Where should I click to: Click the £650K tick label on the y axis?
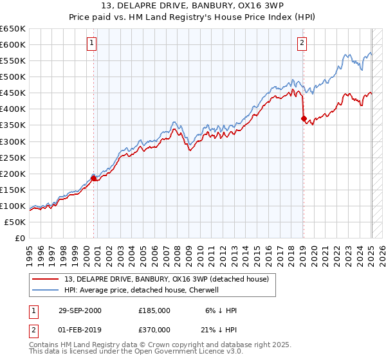point(13,29)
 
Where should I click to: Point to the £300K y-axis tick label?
point(13,141)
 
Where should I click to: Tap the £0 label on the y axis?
point(21,238)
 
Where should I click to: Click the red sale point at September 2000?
point(94,179)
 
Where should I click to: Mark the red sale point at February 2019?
point(304,118)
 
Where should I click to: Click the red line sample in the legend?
point(46,279)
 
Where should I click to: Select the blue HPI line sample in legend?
point(46,290)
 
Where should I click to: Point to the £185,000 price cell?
point(154,310)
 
